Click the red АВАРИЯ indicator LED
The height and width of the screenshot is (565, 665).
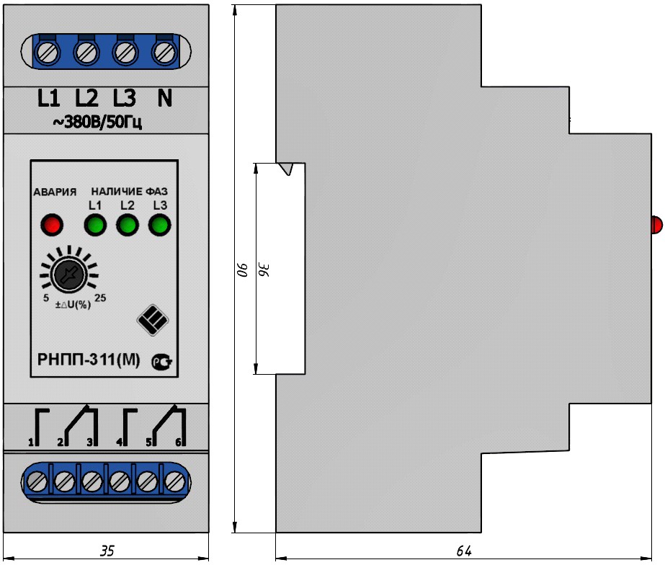[x=52, y=224]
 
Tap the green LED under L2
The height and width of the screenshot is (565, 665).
[x=128, y=225]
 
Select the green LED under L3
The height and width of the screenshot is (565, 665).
[x=159, y=225]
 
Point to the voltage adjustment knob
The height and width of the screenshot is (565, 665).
[x=68, y=274]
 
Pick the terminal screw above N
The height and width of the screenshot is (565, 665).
[x=164, y=53]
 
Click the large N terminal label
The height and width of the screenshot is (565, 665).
[x=165, y=98]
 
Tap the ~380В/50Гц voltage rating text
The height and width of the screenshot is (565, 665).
[x=97, y=123]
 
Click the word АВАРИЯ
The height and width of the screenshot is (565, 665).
[x=55, y=192]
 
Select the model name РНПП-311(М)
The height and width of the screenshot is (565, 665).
[x=89, y=360]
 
